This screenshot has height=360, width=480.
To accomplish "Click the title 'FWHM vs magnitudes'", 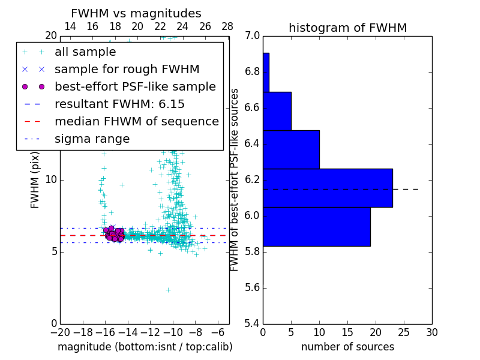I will tap(136, 13).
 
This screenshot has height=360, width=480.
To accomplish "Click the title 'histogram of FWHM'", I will tap(347, 28).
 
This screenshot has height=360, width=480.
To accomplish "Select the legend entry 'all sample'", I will tap(85, 52).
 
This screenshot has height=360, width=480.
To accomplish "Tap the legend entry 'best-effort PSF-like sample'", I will tap(135, 86).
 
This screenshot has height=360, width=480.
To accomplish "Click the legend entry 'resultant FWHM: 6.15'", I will tap(119, 104).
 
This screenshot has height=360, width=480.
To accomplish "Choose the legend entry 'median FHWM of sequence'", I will tap(136, 121).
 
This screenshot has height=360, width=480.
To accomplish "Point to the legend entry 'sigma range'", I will tap(92, 139).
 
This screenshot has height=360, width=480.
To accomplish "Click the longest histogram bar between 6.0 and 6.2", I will tap(328, 188).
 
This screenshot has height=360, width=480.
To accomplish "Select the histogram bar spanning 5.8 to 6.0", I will tap(316, 226).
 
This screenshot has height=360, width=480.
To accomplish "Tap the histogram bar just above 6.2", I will tap(291, 149).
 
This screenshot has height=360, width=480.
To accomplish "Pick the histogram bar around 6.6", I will tap(277, 111).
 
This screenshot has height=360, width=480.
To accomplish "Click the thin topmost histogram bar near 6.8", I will tap(266, 72).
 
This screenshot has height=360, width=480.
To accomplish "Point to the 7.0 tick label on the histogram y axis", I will tap(252, 36).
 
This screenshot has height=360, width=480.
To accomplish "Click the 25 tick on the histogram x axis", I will tap(404, 332).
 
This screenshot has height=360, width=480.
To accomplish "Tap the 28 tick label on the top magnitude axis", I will tap(227, 26).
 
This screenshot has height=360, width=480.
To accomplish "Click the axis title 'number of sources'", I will tap(347, 347).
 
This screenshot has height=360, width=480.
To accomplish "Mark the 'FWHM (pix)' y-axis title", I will tap(35, 180).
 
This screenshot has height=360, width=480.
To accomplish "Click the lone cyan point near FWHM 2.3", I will tap(168, 290).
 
